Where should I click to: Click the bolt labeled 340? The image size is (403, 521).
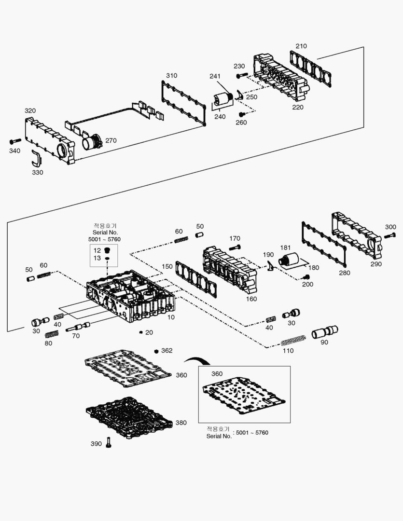[x=15, y=141]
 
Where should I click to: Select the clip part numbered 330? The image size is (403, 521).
[x=36, y=158]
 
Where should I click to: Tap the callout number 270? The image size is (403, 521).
[x=111, y=140]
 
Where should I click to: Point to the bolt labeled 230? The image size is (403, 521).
[x=242, y=75]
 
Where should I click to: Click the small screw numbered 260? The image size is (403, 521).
[x=242, y=114]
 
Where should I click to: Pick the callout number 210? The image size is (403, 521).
[x=301, y=46]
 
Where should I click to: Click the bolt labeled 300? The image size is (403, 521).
[x=389, y=235]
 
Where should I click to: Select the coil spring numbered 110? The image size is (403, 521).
[x=293, y=340]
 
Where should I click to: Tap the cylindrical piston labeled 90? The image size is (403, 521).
[x=325, y=332]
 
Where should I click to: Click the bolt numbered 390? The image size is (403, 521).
[x=109, y=442]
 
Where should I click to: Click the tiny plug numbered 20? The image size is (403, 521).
[x=141, y=332]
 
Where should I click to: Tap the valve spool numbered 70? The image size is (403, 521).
[x=78, y=327]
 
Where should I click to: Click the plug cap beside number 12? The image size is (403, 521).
[x=107, y=250]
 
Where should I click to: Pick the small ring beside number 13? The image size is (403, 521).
[x=107, y=258]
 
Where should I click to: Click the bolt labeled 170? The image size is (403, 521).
[x=235, y=247]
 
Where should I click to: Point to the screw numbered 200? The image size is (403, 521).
[x=306, y=277]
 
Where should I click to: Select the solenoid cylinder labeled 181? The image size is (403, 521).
[x=288, y=259]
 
